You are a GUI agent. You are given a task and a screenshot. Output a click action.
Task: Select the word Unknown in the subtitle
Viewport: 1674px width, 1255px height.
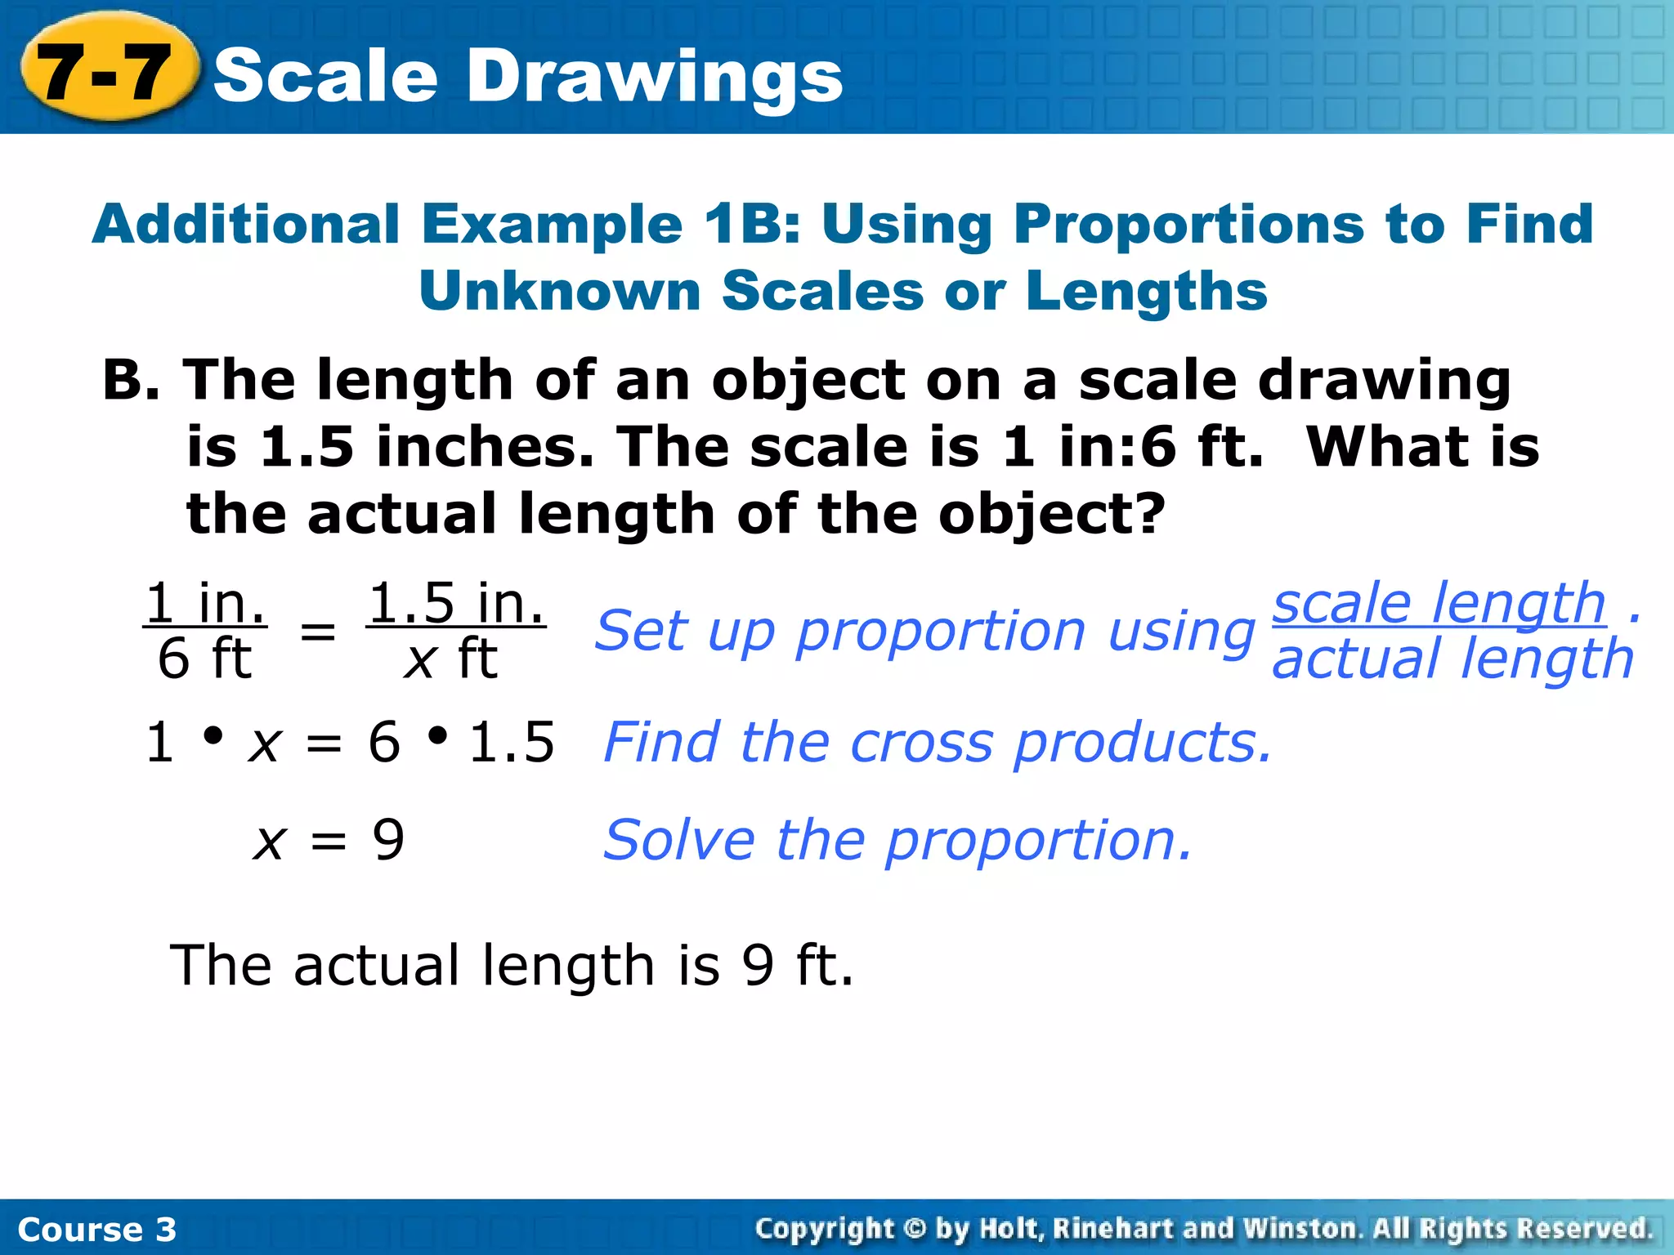559,291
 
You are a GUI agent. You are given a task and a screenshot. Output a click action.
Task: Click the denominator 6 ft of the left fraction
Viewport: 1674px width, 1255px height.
204,659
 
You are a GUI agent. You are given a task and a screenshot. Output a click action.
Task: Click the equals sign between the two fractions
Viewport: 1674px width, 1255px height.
318,631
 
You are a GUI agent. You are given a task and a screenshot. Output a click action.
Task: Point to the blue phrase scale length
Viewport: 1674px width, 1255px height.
1439,603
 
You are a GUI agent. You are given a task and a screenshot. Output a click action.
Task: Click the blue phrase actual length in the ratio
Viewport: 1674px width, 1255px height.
1452,659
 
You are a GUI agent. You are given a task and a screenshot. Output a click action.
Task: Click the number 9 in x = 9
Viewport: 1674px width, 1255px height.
388,840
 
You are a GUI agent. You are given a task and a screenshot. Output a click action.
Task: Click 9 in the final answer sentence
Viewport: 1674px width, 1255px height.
758,965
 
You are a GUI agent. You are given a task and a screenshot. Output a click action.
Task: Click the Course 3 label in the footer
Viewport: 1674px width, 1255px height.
96,1229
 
